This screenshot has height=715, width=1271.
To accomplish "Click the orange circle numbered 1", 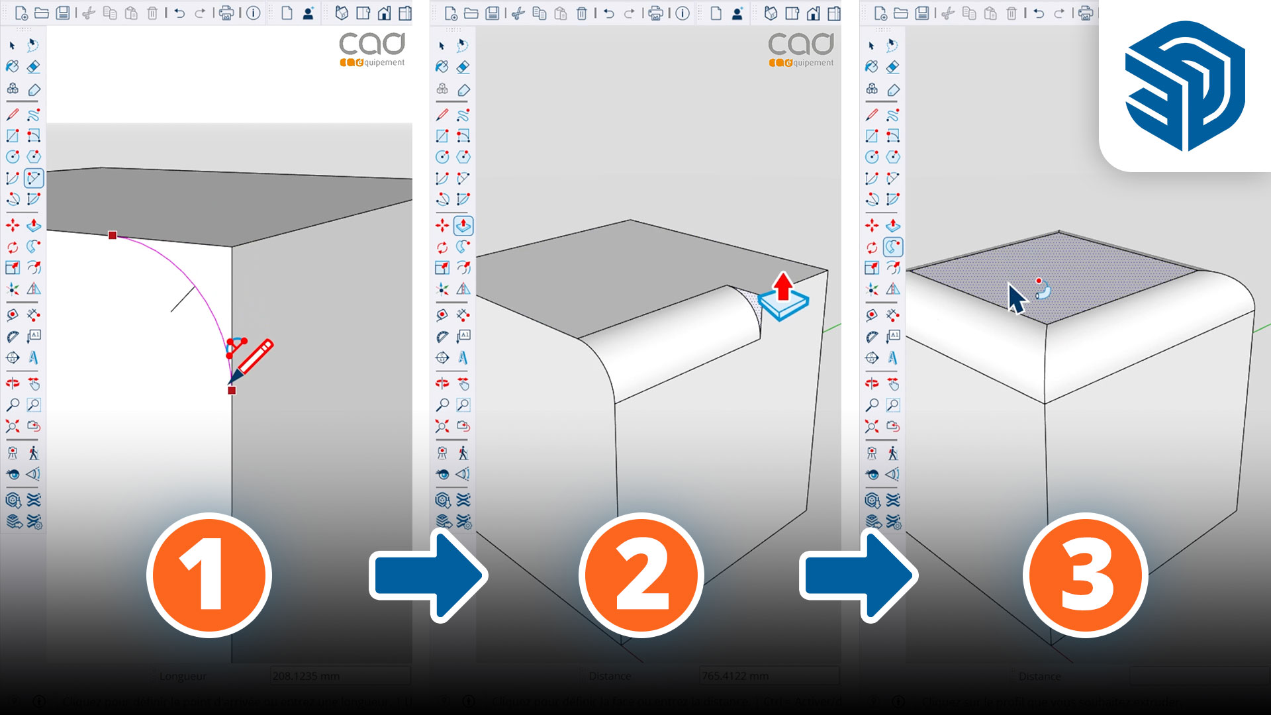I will (x=209, y=575).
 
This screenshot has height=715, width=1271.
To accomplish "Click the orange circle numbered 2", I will (x=641, y=575).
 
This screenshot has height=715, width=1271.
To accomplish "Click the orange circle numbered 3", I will (x=1086, y=575).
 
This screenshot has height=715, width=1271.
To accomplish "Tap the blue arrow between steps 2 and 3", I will (x=859, y=576).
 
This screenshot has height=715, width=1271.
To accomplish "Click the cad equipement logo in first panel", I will (x=372, y=50).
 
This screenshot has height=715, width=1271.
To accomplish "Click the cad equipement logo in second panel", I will (x=801, y=50).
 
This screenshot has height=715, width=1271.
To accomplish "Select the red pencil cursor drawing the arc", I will (x=252, y=361).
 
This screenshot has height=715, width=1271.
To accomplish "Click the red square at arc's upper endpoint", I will (x=113, y=235).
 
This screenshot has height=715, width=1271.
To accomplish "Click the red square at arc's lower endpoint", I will (x=232, y=391).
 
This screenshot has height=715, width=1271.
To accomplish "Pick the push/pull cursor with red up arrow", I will (x=784, y=298).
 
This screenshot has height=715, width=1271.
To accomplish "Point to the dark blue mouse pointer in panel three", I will (x=1016, y=298).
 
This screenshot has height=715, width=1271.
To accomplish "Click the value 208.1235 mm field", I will (x=339, y=676).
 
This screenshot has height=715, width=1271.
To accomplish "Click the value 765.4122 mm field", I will (x=768, y=676).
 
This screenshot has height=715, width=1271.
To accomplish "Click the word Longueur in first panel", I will (x=183, y=676).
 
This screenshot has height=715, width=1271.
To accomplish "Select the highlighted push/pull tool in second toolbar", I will (x=463, y=226).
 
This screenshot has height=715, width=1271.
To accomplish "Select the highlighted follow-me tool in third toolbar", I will (x=893, y=247).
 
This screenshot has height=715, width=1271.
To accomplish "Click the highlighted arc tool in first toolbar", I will (x=34, y=178).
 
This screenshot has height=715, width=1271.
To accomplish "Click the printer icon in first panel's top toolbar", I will (x=226, y=13).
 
